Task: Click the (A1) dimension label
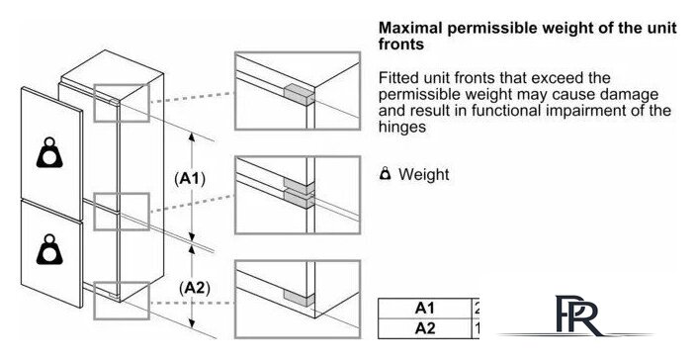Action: click(190, 179)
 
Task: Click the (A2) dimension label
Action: click(194, 288)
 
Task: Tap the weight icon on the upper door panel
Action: click(49, 152)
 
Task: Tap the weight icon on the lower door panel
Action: click(49, 249)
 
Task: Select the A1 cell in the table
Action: click(424, 308)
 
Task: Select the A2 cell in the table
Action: click(424, 328)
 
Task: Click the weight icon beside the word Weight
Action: click(386, 174)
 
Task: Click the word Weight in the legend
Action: click(423, 174)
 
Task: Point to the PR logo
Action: click(576, 316)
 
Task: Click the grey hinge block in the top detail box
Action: click(299, 95)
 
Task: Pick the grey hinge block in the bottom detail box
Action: click(299, 299)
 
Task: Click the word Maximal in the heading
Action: click(410, 28)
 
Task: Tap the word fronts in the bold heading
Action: click(401, 44)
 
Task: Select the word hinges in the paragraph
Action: click(402, 127)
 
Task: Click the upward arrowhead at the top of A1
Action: click(192, 136)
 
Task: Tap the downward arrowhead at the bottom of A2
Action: click(192, 321)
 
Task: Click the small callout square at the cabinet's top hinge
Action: click(122, 102)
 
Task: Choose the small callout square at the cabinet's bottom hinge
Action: click(122, 301)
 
